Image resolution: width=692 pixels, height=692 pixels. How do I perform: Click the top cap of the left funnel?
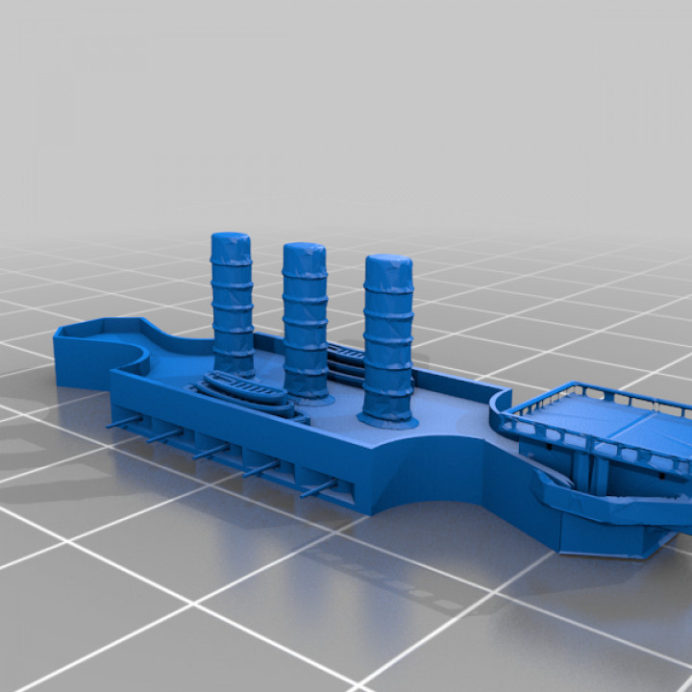pyautogui.click(x=231, y=239)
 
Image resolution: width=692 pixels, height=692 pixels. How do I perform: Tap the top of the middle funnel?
pyautogui.click(x=304, y=251)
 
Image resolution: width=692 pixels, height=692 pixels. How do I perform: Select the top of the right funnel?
pyautogui.click(x=388, y=263)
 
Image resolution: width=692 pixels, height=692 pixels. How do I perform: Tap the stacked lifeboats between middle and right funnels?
pyautogui.click(x=345, y=361)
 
